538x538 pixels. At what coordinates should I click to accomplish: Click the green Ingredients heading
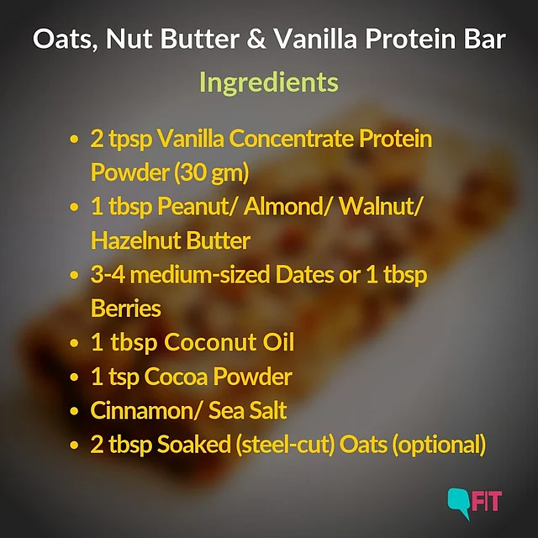[x=269, y=83]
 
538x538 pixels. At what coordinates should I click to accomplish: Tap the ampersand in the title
[x=256, y=39]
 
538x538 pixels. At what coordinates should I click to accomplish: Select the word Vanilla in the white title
[x=315, y=39]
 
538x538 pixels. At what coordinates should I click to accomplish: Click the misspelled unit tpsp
[x=130, y=140]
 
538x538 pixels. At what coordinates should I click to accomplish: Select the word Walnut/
[x=381, y=207]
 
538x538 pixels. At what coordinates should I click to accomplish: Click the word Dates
[x=304, y=275]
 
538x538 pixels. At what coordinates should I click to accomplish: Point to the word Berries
[x=126, y=309]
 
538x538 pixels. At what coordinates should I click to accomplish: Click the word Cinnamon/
[x=145, y=411]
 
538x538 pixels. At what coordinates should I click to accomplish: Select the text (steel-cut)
[x=285, y=445]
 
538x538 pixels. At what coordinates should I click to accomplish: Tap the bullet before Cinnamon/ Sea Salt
[x=74, y=411]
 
